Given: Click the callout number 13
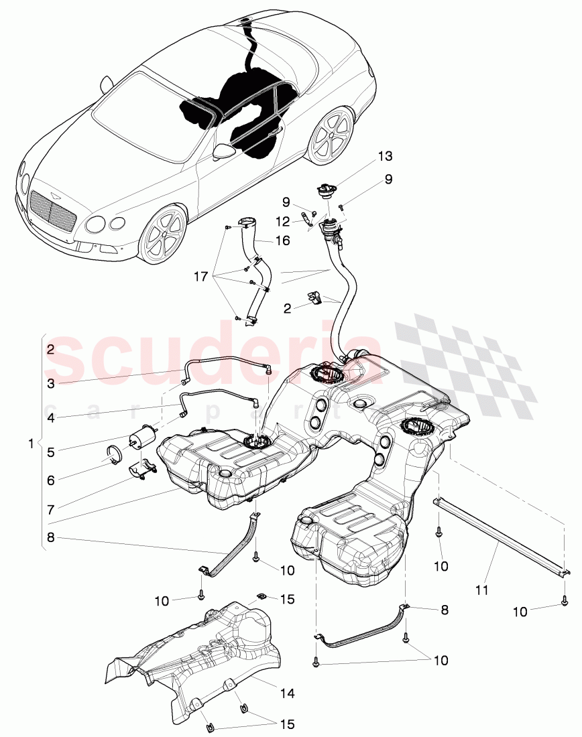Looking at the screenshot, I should (x=385, y=156).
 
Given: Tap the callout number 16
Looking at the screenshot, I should (x=284, y=240).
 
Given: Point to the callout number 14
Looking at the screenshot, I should (x=287, y=694).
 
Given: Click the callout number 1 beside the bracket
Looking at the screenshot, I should (x=30, y=444).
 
